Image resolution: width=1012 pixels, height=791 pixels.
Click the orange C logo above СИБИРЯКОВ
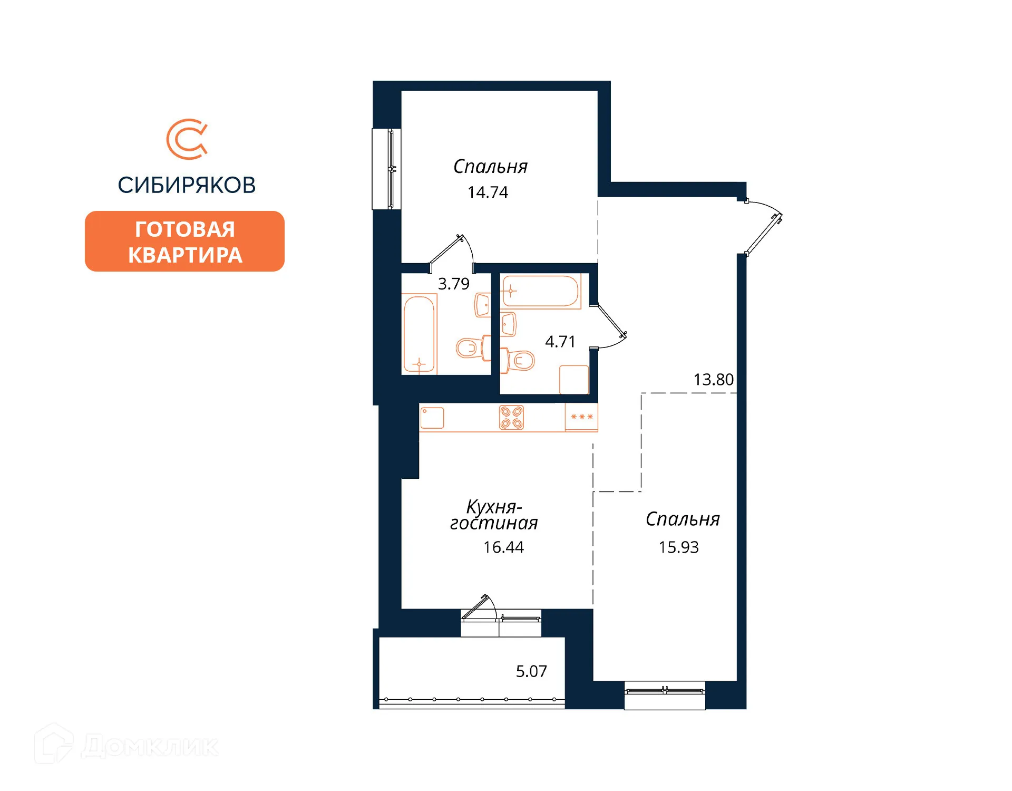[187, 139]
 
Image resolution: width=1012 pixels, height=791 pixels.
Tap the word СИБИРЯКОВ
[187, 185]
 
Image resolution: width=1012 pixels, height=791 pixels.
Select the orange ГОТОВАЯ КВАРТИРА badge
[184, 242]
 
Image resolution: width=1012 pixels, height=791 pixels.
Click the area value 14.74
[488, 192]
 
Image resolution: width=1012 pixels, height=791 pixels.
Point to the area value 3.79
[453, 284]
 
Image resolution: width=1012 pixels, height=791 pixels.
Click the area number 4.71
[560, 342]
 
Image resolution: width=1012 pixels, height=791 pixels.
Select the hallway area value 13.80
[713, 380]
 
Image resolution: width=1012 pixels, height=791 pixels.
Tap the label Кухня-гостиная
[494, 515]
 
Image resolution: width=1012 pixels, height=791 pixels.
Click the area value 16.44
[503, 547]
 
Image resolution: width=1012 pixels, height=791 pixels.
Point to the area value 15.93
[678, 547]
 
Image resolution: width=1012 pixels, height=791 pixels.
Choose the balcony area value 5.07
[531, 671]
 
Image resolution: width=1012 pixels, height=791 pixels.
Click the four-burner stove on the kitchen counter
[511, 418]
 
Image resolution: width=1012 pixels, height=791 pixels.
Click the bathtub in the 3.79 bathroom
[419, 334]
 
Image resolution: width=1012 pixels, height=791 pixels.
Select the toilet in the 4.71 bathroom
[519, 360]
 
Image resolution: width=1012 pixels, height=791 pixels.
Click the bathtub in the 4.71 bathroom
[540, 291]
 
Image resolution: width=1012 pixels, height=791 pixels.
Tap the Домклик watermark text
[150, 747]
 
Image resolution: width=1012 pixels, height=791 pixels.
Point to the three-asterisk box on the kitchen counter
[582, 417]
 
